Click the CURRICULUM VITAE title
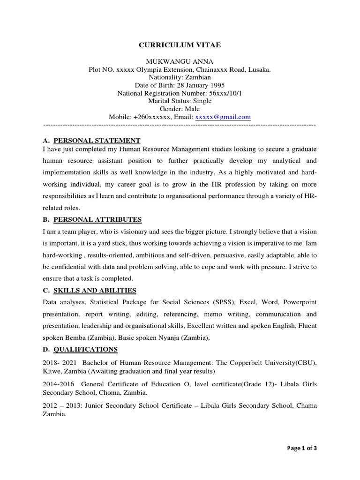pyautogui.click(x=180, y=45)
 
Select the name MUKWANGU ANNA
pyautogui.click(x=180, y=61)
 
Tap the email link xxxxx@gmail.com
pyautogui.click(x=223, y=117)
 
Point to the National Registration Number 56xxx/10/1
pyautogui.click(x=226, y=93)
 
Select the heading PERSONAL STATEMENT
pyautogui.click(x=97, y=140)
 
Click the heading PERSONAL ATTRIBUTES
pyautogui.click(x=97, y=219)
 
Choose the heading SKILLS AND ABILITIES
pyautogui.click(x=95, y=290)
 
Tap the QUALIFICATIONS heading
pyautogui.click(x=86, y=349)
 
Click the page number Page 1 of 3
pyautogui.click(x=302, y=448)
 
